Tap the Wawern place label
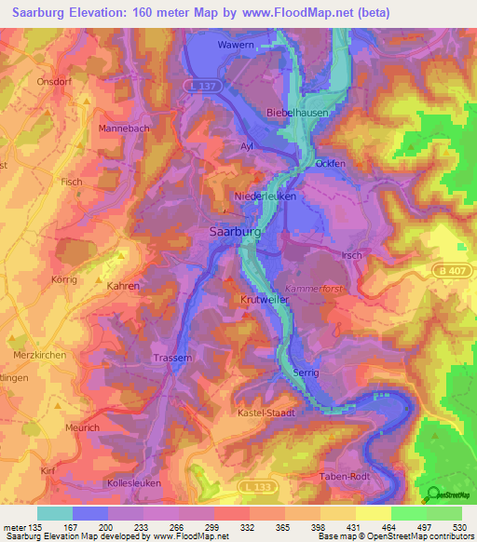tap(235, 44)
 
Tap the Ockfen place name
tap(330, 163)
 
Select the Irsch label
tap(351, 255)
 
